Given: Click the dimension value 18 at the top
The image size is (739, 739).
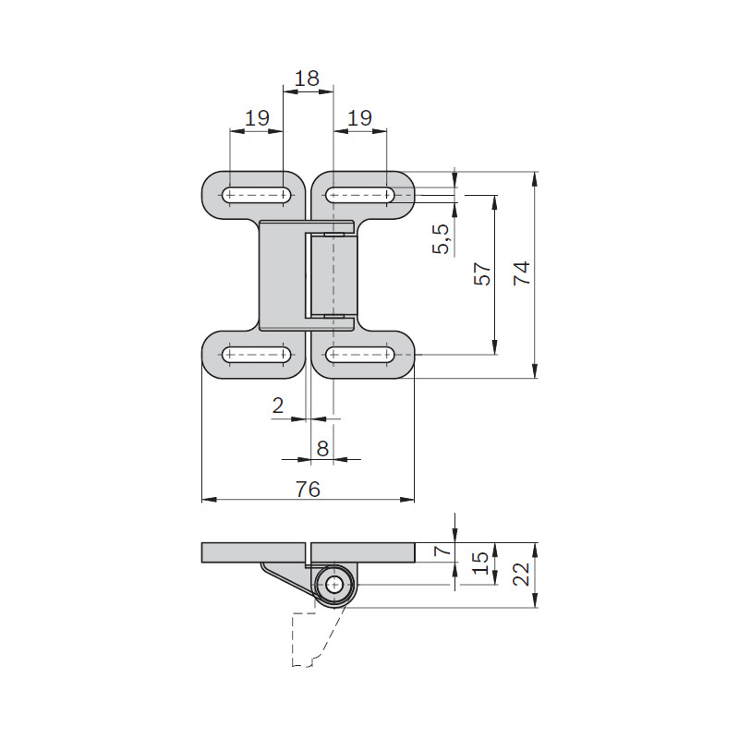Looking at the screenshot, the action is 307,79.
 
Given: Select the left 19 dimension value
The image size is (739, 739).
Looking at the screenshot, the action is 258,118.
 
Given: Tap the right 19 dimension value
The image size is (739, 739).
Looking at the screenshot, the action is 359,118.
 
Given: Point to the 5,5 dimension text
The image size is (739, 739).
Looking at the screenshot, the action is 442,239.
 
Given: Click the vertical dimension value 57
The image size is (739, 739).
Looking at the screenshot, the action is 482,273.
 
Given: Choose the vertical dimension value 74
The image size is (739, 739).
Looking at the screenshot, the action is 522,273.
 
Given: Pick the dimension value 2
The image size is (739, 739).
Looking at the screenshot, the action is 278,406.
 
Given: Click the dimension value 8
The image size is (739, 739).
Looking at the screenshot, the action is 322,449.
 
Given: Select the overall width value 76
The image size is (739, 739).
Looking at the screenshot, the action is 308,490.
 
